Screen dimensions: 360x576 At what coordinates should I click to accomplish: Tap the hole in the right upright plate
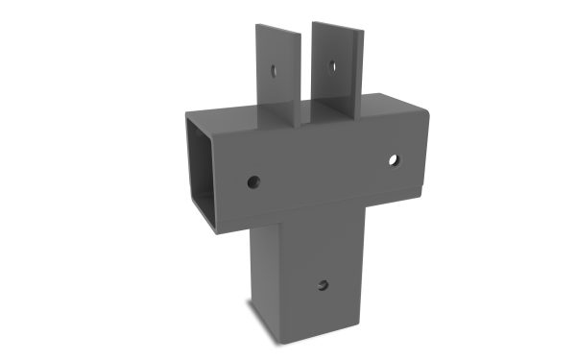click(331, 66)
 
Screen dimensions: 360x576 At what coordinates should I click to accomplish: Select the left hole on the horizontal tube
click(252, 180)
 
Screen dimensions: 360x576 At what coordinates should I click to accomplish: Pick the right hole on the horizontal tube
click(394, 159)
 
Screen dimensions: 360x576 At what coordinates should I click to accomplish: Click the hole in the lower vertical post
click(323, 285)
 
